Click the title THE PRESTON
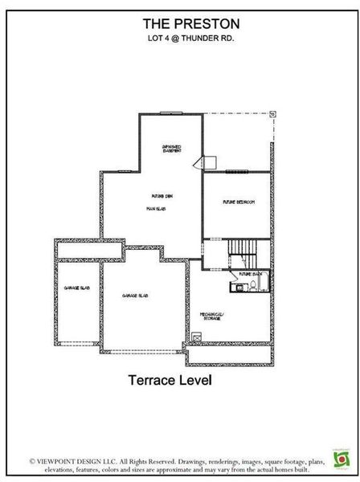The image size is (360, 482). pos(180,25)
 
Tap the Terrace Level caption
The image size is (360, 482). pos(170,381)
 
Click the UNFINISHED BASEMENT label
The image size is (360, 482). pos(171,149)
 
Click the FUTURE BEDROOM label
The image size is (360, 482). pos(239,202)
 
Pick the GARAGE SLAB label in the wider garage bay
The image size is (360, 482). pos(134,296)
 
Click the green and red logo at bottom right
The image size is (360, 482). pos(342,458)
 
